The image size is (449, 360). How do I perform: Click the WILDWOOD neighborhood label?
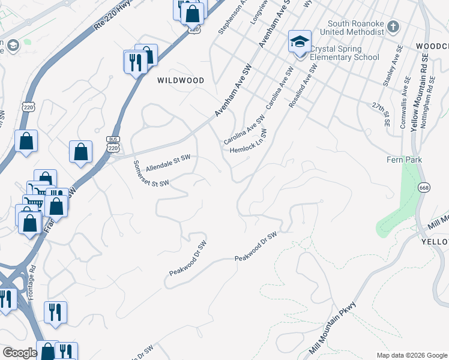[181, 80]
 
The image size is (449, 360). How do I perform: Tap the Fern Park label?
[405, 160]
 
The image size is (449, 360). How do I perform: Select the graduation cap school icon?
[300, 42]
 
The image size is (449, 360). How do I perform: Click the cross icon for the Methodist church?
[393, 26]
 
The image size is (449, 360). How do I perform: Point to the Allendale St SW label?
[168, 161]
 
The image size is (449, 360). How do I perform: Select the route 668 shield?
[424, 187]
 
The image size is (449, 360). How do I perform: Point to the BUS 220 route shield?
[113, 143]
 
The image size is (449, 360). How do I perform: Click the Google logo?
[20, 353]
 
